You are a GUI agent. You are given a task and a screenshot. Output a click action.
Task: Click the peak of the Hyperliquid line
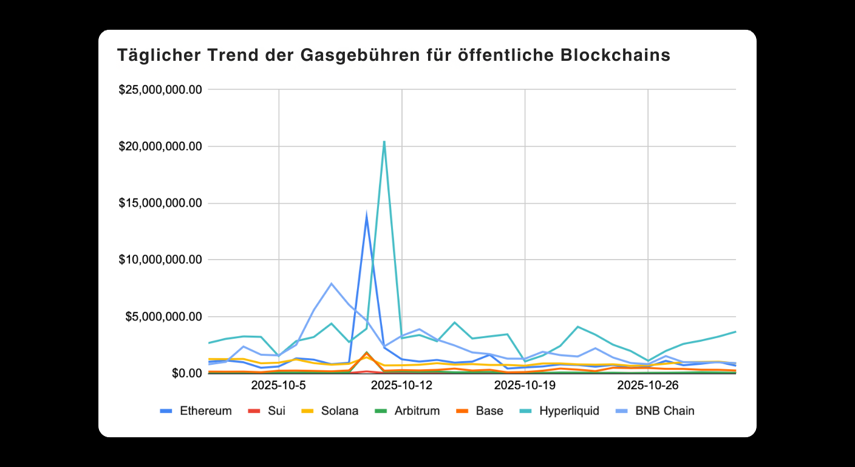click(384, 142)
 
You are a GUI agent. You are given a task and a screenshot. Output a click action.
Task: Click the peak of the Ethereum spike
click(366, 215)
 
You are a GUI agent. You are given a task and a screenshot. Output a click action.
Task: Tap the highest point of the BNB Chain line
click(332, 283)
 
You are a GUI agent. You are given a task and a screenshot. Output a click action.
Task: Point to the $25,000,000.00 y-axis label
click(160, 90)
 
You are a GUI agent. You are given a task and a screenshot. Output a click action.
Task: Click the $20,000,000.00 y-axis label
click(160, 147)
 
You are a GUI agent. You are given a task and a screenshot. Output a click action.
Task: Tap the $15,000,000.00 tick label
click(160, 203)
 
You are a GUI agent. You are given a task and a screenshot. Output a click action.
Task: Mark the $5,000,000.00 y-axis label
click(163, 317)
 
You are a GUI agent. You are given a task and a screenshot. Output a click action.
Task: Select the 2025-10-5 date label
click(278, 386)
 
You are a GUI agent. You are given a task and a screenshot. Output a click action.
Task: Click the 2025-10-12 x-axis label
click(401, 386)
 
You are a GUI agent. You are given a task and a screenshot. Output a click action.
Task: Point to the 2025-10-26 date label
click(648, 386)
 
